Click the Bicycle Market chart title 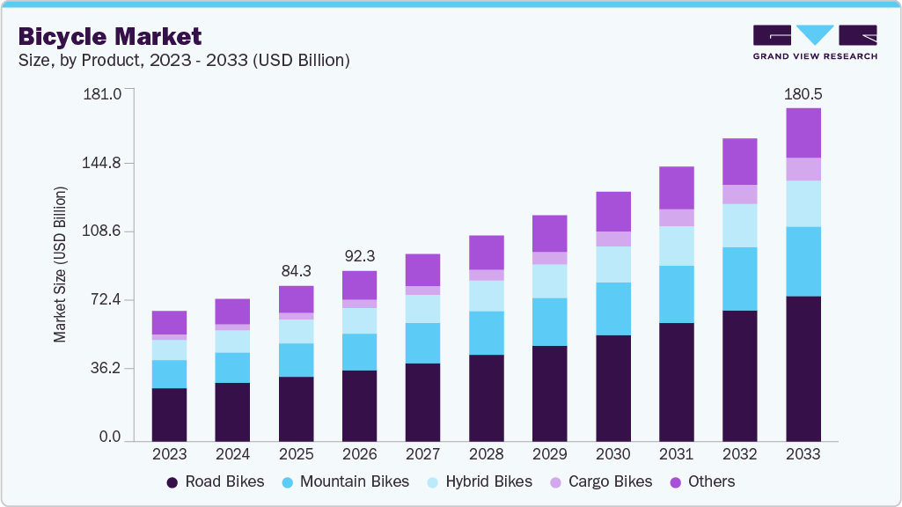coord(110,36)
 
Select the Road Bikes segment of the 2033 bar coord(803,368)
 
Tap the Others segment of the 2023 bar coord(169,322)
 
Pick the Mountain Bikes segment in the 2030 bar coord(612,308)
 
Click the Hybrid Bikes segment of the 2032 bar coord(739,225)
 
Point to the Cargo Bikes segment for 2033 coord(803,169)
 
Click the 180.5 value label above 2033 coord(803,93)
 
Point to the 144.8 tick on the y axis coord(102,163)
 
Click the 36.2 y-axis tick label coord(106,368)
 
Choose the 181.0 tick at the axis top coord(102,94)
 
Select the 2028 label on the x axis coord(486,454)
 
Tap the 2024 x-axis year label coord(232,454)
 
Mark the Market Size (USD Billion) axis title coord(60,264)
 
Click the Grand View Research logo coord(815,42)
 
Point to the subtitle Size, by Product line coord(184,61)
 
